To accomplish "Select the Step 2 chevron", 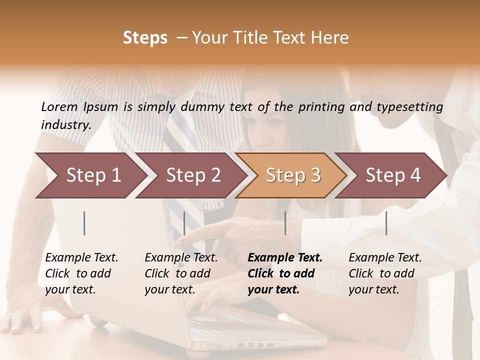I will [x=192, y=175].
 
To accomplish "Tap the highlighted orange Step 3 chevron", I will [x=292, y=175].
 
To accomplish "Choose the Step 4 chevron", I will [x=392, y=175].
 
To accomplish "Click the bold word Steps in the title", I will [x=145, y=38].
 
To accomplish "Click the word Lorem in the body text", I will [x=59, y=106].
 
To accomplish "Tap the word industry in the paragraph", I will [x=65, y=125].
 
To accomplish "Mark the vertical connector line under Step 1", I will [x=84, y=223].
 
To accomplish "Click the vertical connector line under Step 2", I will [x=184, y=223].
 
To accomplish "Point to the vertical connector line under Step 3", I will [x=285, y=223].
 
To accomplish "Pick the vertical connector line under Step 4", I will [x=386, y=223].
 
